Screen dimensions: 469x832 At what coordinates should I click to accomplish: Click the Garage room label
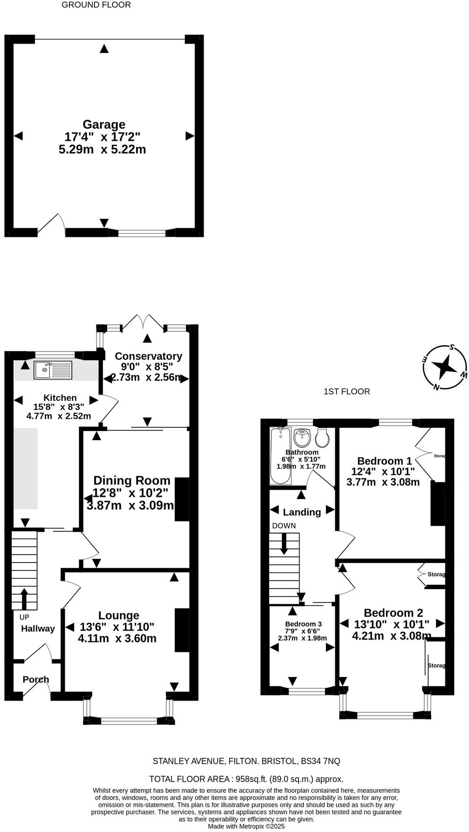point(104,125)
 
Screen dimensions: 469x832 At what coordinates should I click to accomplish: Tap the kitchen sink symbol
point(52,370)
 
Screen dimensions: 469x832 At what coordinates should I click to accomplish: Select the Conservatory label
point(148,356)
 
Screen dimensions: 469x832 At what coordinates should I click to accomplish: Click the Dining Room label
point(131,480)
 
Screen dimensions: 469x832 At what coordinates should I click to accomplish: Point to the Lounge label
point(119,615)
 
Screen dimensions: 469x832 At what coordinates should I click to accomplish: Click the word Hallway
point(38,629)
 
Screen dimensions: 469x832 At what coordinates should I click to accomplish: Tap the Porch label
point(36,680)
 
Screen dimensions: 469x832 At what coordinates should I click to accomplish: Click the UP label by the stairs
point(24,617)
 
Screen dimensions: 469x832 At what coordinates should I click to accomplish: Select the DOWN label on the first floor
point(284,526)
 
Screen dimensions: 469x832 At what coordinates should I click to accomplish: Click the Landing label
point(302,512)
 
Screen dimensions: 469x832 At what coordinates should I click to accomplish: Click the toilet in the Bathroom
point(323,438)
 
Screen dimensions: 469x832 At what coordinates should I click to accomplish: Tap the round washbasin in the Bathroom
point(301,438)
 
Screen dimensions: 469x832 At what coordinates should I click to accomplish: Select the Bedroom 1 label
point(384,461)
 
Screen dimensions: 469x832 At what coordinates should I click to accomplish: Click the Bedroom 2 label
point(393,613)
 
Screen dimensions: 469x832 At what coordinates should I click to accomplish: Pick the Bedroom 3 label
point(303,624)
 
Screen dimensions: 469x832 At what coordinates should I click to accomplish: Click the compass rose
point(444,367)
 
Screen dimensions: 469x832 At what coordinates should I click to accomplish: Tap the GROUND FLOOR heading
point(96,5)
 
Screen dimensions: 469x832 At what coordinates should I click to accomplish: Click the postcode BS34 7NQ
point(320,761)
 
